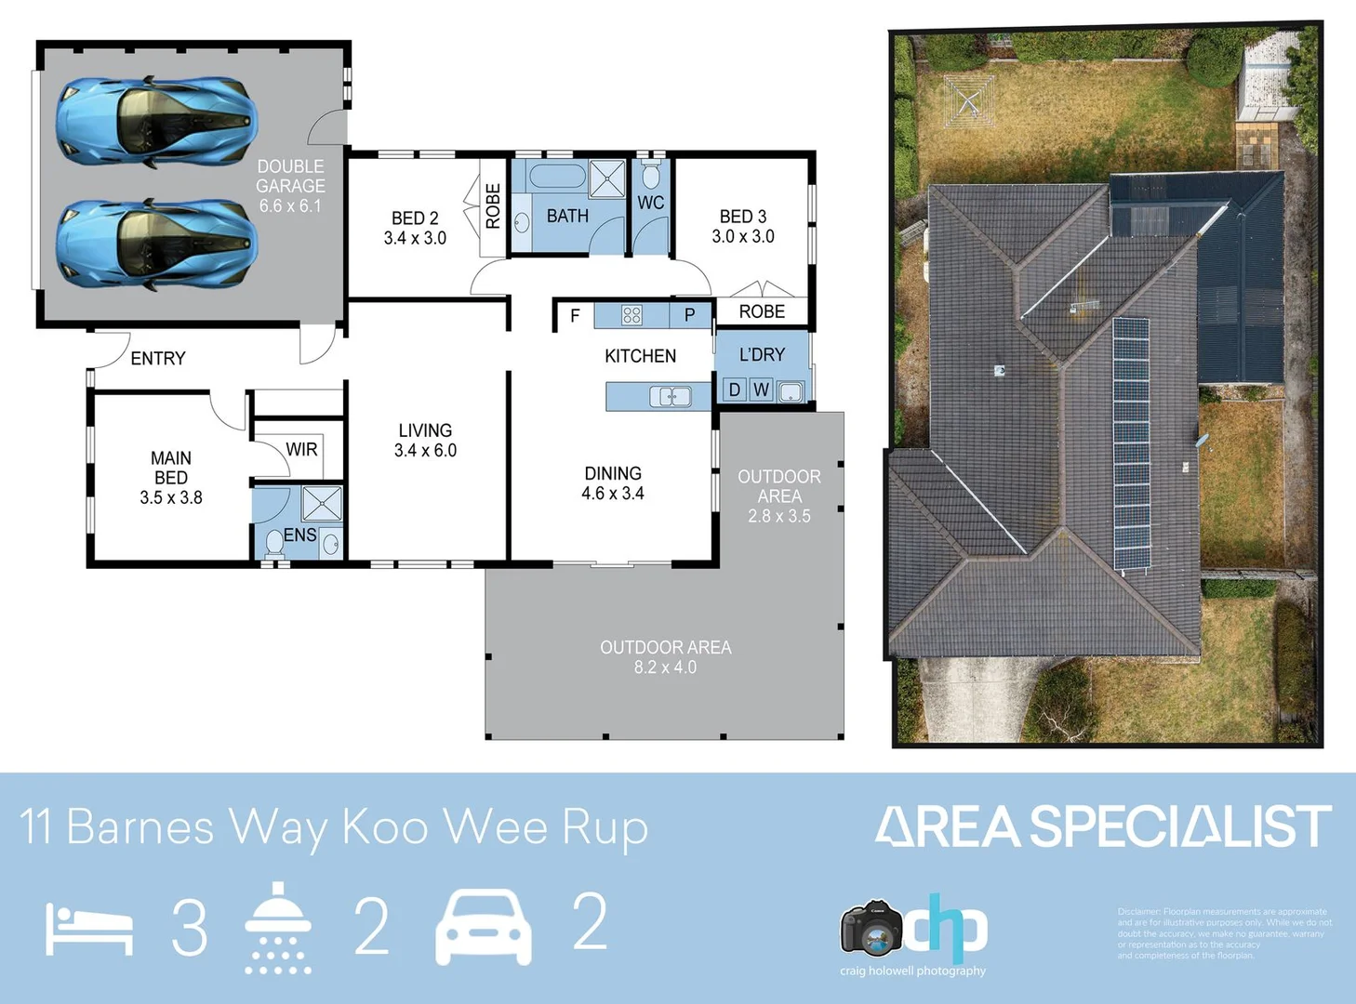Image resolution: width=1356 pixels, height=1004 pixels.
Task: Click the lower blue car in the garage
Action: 154,244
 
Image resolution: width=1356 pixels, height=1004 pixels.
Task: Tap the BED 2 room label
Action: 415,218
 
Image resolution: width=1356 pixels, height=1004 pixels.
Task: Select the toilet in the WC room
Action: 651,175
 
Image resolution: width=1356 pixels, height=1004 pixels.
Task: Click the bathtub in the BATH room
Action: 556,177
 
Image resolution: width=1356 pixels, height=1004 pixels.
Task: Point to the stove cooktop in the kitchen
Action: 631,315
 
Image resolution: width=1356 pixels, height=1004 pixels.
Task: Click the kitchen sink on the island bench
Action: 671,397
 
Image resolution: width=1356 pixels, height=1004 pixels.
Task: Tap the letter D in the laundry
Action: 734,390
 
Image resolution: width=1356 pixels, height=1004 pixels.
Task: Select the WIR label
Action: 301,449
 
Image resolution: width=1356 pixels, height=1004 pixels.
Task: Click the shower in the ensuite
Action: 322,504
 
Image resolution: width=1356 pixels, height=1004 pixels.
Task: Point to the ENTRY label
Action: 158,359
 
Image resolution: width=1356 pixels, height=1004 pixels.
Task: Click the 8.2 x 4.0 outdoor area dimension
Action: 665,667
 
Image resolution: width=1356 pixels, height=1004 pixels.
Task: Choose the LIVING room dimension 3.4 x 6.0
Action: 425,451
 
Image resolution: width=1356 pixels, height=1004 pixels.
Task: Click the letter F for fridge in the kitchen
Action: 575,316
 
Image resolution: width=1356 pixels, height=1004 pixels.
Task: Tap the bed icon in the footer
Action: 89,930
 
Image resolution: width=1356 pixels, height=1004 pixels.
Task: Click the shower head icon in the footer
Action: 277,927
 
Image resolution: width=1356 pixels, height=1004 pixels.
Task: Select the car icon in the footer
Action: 484,927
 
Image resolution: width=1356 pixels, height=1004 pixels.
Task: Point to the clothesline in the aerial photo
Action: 969,100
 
